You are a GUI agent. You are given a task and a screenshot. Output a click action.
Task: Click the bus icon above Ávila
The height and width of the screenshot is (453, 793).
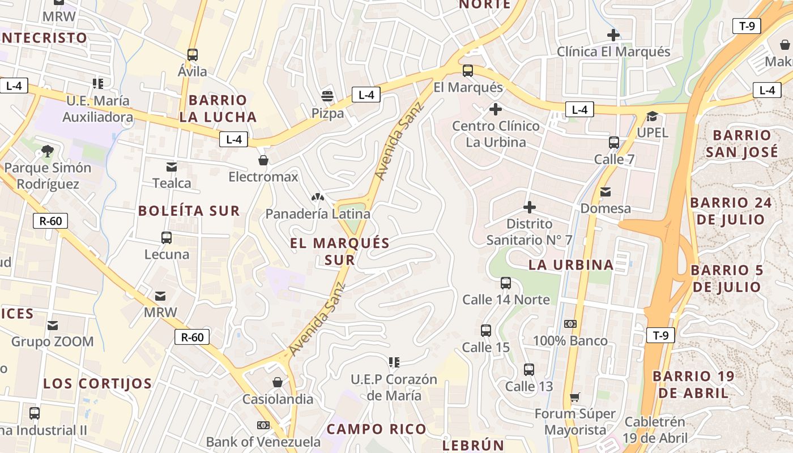pos(193,55)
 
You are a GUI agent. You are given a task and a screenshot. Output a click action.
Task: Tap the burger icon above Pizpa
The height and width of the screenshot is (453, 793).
pos(327,96)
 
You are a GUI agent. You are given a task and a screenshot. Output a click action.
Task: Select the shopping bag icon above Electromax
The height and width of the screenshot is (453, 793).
pos(263,160)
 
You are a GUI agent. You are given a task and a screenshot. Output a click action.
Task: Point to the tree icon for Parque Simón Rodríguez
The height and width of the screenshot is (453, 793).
pos(47,151)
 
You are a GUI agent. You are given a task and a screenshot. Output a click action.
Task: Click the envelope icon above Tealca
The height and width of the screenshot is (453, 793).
pos(171,166)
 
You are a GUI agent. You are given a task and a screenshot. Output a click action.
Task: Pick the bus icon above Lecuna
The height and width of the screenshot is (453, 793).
pos(167,237)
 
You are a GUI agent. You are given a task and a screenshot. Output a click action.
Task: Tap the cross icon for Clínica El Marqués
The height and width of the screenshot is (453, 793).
pos(613,35)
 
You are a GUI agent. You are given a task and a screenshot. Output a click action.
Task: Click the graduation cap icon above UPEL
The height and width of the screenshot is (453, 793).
pos(653,117)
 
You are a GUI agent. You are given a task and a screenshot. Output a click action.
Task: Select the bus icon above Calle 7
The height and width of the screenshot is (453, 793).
pos(614,142)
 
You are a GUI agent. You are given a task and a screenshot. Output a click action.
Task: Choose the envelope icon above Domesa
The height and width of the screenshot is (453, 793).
pos(606,192)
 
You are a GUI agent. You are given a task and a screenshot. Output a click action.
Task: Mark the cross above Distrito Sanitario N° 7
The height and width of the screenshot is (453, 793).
pos(529,207)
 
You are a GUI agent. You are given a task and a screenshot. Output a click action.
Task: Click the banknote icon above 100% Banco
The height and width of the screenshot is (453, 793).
pos(570,324)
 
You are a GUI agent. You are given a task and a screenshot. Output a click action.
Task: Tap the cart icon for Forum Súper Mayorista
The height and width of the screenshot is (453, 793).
pos(575,397)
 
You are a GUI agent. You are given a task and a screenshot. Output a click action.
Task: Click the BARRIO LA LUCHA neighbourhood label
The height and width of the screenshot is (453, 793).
pos(218,109)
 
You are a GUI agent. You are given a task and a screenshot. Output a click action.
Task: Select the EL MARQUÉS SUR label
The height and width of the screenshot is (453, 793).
pos(340,251)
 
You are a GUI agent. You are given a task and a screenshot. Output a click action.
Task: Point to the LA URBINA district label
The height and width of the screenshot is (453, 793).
pos(571,264)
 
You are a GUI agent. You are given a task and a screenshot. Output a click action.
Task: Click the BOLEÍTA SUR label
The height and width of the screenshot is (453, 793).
pos(189,211)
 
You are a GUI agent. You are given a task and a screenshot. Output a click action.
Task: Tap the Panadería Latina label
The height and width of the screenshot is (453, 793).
pos(318,214)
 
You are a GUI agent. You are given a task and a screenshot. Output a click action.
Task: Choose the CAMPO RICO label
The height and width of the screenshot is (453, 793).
pos(376,429)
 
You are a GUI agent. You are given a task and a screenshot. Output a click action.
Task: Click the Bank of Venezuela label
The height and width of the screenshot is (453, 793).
pos(263,442)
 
